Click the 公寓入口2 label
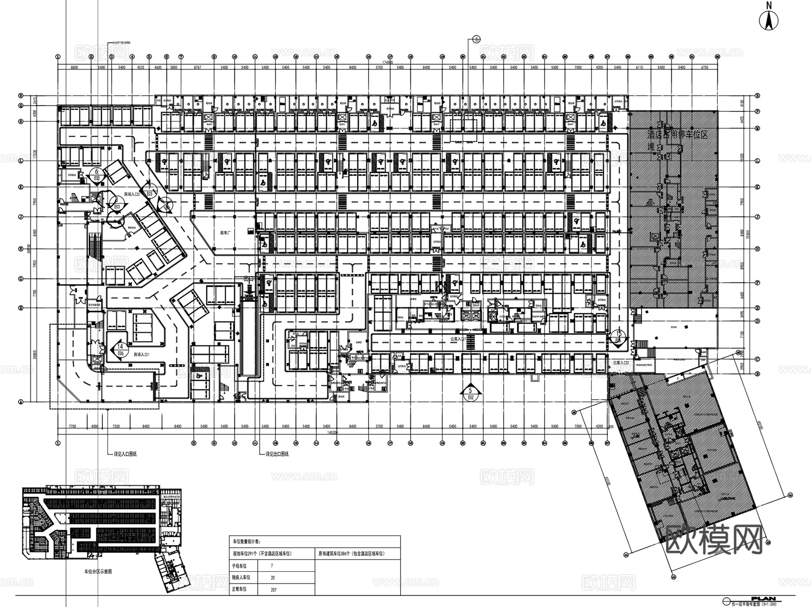click(x=620, y=362)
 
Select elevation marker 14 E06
click(x=119, y=349)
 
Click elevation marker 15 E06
click(x=620, y=337)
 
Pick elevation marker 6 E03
click(x=96, y=175)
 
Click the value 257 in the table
click(x=273, y=589)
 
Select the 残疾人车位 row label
click(x=241, y=577)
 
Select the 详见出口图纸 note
click(x=277, y=454)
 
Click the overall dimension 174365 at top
click(x=387, y=63)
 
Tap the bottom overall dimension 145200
click(x=333, y=432)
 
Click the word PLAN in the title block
click(x=773, y=596)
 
